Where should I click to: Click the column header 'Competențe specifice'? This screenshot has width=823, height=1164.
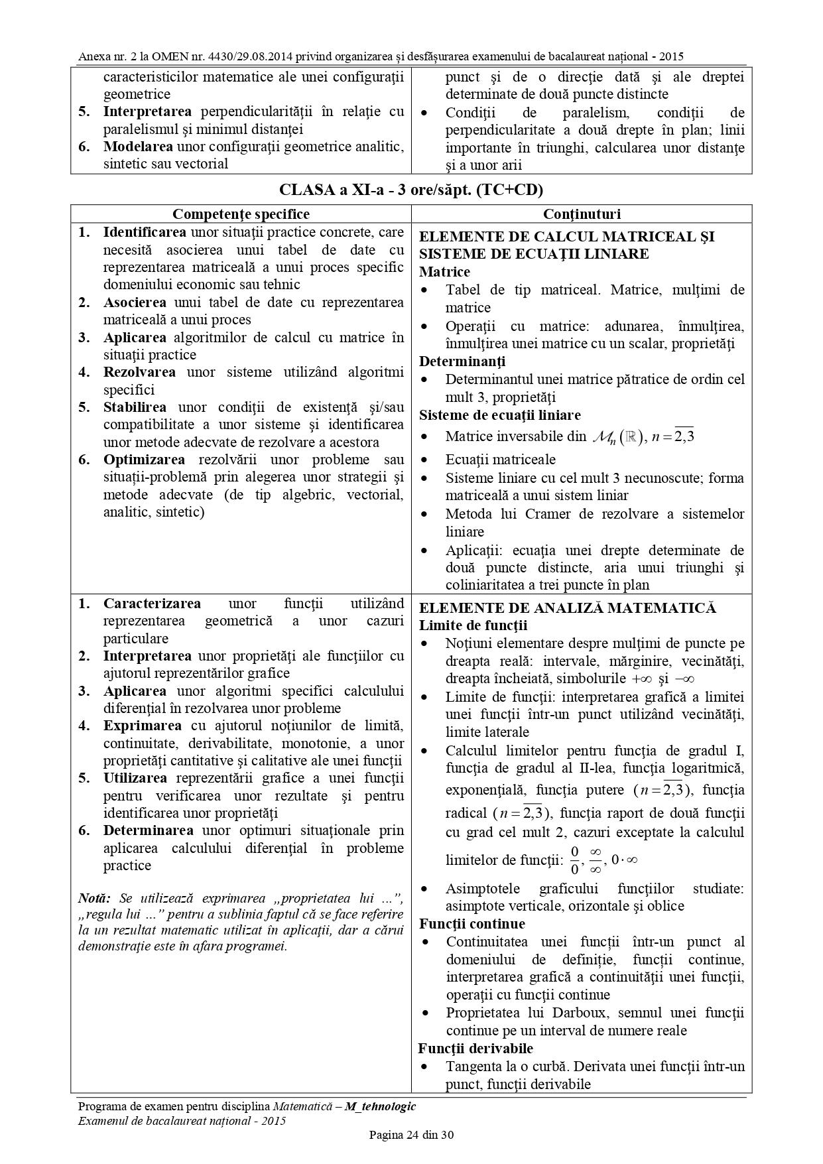pos(241,214)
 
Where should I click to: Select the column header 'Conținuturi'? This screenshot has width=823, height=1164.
pos(582,214)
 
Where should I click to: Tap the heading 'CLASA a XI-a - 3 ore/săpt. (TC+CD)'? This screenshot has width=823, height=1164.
pos(411,190)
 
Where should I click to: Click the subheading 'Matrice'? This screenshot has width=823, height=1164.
pos(444,272)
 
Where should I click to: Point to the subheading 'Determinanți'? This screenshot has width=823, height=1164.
pos(462,361)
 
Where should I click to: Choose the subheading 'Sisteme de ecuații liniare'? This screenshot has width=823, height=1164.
pos(499,415)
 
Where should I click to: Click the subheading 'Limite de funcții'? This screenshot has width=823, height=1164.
pos(473,625)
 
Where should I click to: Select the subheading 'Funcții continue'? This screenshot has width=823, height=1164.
pos(471,924)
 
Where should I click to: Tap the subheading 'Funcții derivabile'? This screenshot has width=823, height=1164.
pos(475,1049)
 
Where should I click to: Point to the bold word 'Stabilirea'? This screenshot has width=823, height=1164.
pos(135,407)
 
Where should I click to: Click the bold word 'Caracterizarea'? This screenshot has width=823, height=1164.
pos(152,604)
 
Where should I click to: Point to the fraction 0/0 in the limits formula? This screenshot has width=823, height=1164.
pos(574,860)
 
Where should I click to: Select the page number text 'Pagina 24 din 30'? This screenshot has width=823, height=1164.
pos(411,1135)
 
